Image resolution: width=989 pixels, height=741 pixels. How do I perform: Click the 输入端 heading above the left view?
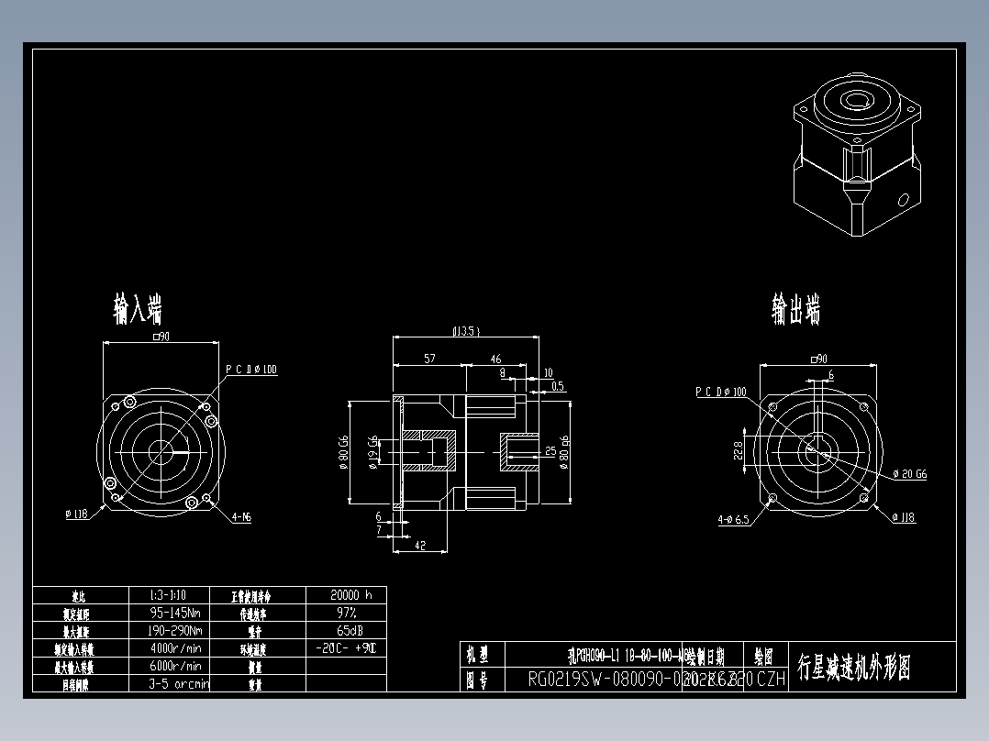pos(138,309)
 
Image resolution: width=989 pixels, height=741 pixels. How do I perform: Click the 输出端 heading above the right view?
pos(795,310)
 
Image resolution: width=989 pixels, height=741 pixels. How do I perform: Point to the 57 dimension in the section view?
pos(429,359)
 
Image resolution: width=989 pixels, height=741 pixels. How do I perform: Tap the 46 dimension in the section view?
pos(495,359)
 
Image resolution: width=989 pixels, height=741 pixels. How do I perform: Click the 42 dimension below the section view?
pos(420,545)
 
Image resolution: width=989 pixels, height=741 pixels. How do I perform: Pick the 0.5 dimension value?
pos(558,386)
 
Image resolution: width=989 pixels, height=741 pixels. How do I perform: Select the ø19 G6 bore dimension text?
pos(372,451)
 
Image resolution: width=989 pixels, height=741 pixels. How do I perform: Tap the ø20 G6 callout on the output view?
pos(910,474)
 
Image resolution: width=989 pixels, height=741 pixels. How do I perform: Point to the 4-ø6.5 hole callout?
pos(733,519)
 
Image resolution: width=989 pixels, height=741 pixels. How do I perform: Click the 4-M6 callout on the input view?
pos(241,517)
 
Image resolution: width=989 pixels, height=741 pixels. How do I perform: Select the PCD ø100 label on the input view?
pos(251,370)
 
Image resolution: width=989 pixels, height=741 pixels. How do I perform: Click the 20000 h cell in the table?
pos(345,594)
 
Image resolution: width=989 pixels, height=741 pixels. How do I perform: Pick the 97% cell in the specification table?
pos(345,612)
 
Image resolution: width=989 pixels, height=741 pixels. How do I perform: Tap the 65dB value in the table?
pos(345,630)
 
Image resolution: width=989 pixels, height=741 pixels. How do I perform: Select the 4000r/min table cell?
pos(174,648)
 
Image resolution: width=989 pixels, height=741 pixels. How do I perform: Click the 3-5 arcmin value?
pos(178,683)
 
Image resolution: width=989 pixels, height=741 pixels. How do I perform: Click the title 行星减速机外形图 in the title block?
pos(854,668)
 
